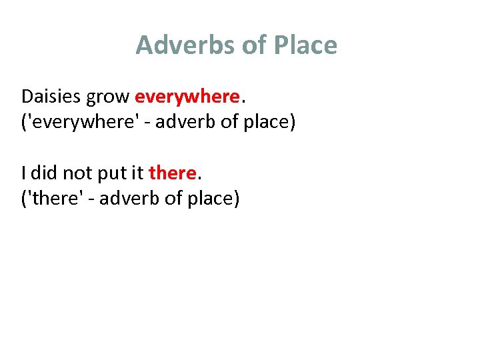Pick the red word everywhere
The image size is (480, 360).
[187, 97]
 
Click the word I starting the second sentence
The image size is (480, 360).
[24, 173]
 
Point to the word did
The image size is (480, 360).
[44, 173]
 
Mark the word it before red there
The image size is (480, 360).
[137, 173]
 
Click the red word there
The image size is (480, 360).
[172, 173]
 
